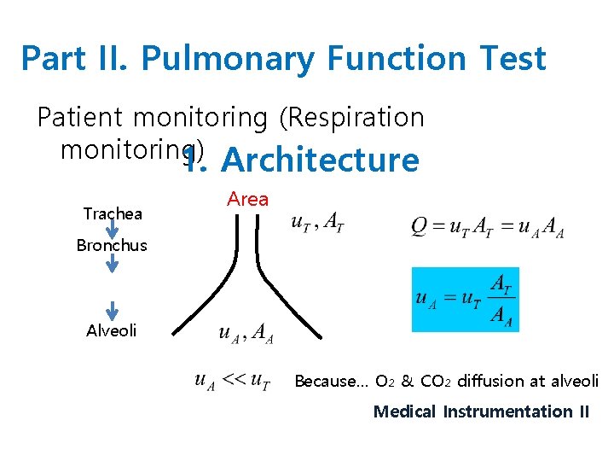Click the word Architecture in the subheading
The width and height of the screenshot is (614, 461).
click(320, 160)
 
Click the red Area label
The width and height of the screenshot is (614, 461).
click(248, 199)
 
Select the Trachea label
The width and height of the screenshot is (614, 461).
click(113, 213)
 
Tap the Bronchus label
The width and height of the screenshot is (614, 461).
click(112, 245)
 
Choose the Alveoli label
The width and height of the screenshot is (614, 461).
click(112, 330)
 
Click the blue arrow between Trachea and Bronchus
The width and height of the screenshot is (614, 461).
click(113, 230)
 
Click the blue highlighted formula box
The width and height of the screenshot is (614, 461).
click(465, 299)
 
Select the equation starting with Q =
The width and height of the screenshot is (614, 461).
click(487, 227)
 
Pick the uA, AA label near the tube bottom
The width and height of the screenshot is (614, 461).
click(246, 334)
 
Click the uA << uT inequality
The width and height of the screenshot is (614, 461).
click(232, 381)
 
